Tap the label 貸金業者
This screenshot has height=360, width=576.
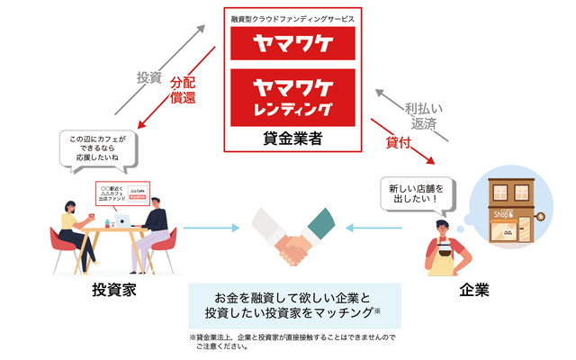pos(292,139)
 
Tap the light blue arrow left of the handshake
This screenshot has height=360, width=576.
pos(211,228)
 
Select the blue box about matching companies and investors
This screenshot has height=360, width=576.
pos(292,305)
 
